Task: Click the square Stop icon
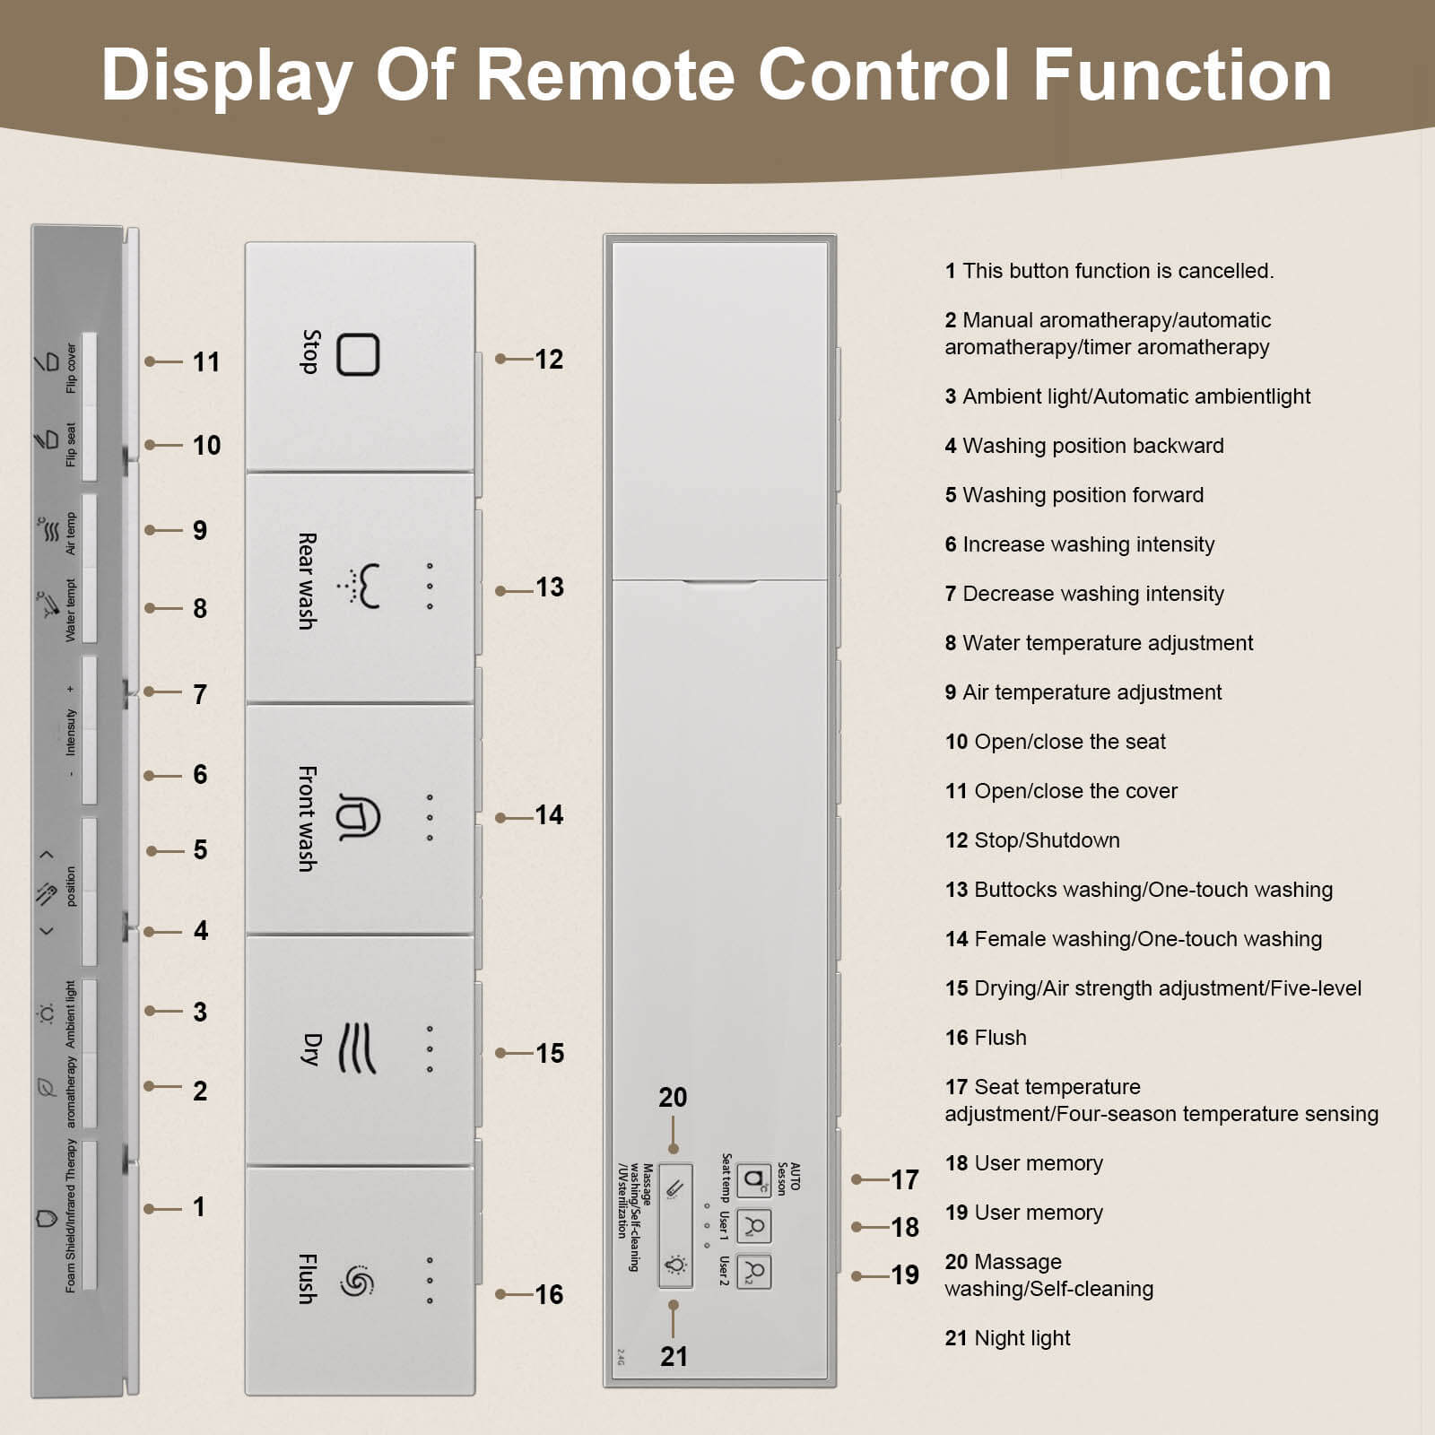358,354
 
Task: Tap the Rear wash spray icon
359,586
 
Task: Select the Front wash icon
358,816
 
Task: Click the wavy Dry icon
357,1048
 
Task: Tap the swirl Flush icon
356,1280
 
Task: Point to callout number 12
549,360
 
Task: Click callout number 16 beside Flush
549,1294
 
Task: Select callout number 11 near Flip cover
206,362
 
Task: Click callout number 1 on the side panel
199,1207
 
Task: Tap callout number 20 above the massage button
673,1098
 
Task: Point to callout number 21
674,1356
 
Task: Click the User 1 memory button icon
754,1226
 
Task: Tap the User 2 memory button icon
754,1272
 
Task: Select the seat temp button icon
754,1179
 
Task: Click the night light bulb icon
675,1265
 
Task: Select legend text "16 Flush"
986,1038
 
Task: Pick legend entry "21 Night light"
1007,1338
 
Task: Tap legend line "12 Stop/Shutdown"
1032,840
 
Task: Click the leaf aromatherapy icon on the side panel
45,1087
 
